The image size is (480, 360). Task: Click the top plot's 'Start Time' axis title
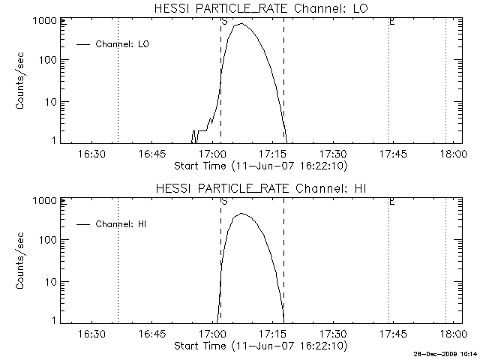[x=259, y=164]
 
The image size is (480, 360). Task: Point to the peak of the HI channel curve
[x=241, y=214]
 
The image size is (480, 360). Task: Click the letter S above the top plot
[x=224, y=22]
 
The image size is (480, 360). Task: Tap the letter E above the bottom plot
[x=391, y=201]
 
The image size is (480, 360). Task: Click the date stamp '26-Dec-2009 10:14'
[x=445, y=352]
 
